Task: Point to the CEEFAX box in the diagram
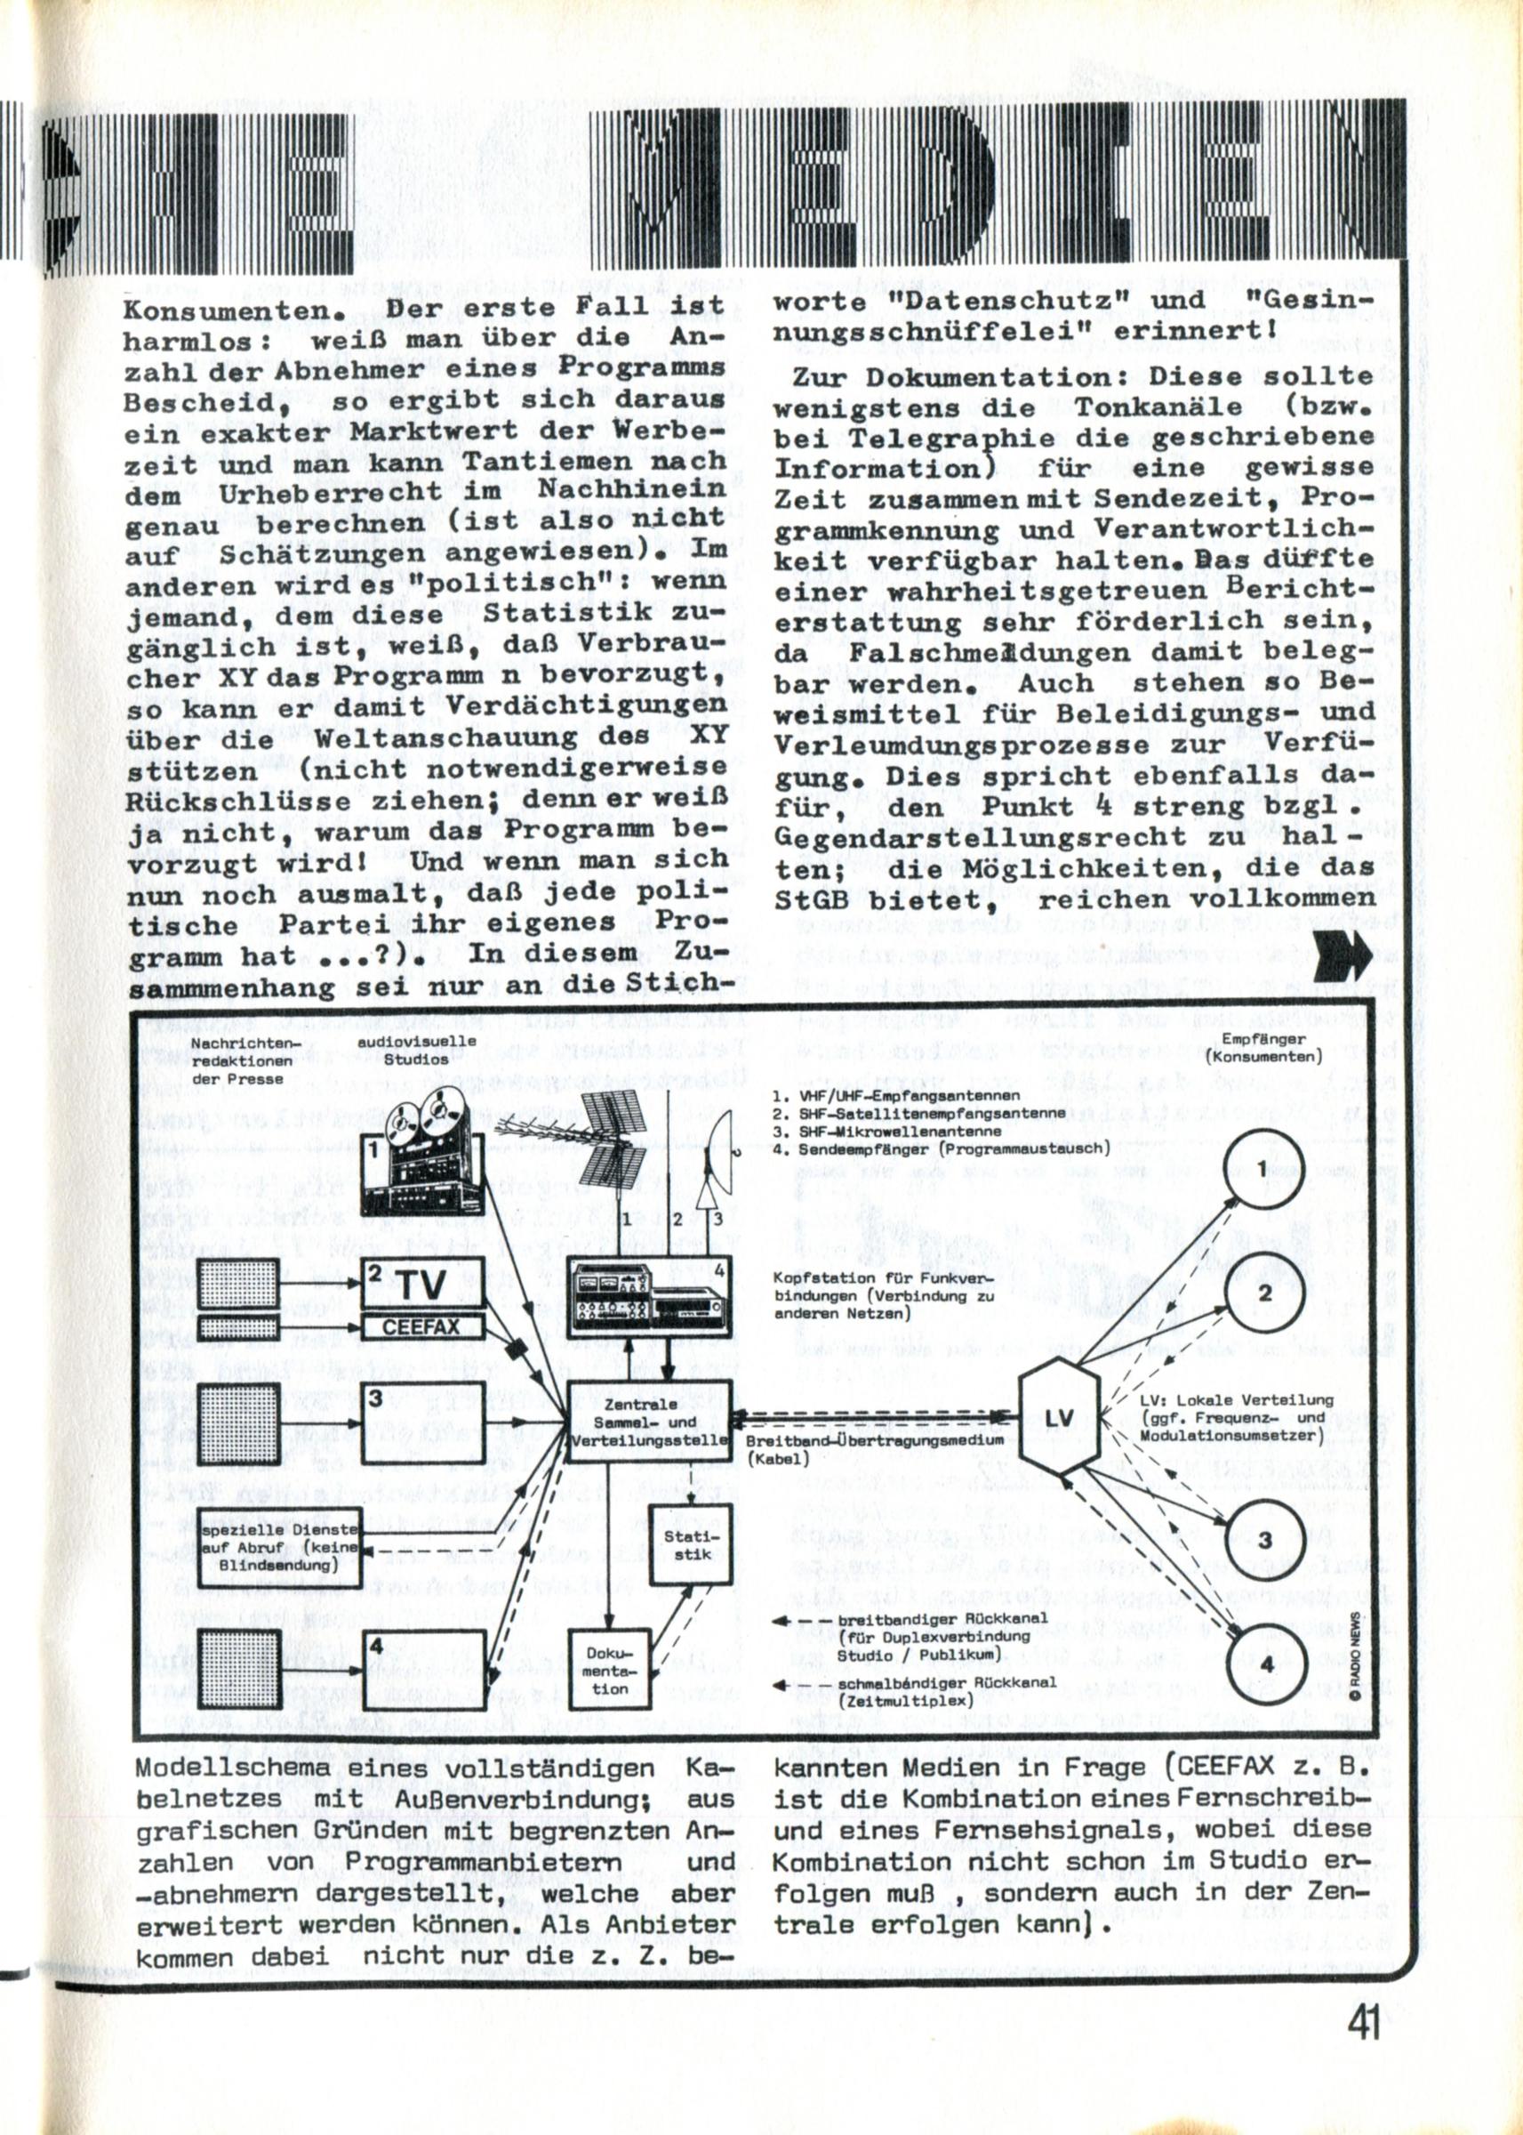(x=422, y=1327)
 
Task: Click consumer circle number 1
(x=1263, y=1169)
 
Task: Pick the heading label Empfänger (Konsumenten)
(x=1264, y=1049)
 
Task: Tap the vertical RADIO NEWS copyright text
(x=1356, y=1648)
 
